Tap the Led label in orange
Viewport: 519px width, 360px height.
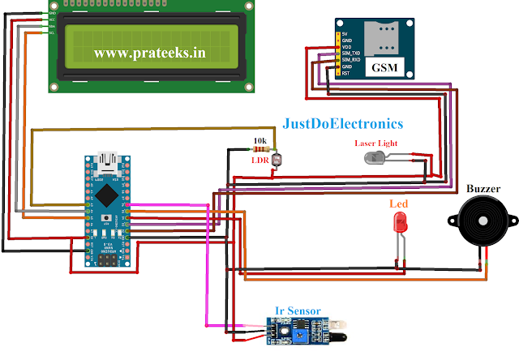[399, 204]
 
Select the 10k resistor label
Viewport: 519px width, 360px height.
[260, 140]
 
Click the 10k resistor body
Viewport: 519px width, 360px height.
[258, 149]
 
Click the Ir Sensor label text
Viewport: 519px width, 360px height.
[298, 311]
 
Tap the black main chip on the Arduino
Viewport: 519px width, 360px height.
[106, 195]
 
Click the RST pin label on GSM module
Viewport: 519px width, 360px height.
[346, 73]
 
